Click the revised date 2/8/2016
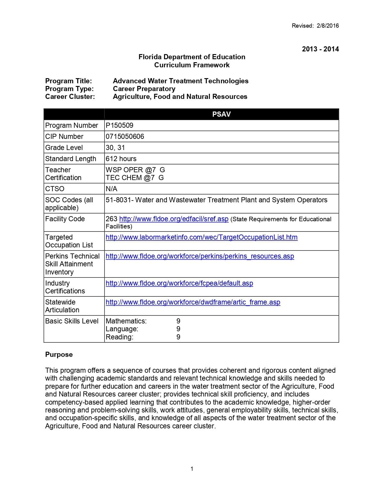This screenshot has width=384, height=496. tap(328, 26)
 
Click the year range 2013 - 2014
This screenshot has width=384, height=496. tap(320, 49)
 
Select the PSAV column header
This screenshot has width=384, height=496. tap(221, 114)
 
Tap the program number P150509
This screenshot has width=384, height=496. tap(120, 125)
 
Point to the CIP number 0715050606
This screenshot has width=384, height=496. tap(125, 136)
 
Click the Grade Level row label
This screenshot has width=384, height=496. tap(64, 148)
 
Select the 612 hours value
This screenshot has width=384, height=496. tap(121, 159)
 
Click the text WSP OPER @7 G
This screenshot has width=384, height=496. tap(135, 170)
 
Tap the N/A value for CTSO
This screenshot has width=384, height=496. tap(111, 189)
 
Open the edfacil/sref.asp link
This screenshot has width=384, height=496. tap(174, 219)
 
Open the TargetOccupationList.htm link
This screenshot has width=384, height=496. tap(201, 237)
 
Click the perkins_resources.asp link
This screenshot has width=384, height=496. tap(200, 256)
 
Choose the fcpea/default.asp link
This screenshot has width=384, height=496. tap(179, 283)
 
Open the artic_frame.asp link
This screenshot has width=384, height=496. tap(193, 302)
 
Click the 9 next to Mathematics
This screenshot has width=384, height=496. tap(178, 321)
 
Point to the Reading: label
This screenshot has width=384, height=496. tap(120, 337)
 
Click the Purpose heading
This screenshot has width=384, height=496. tap(59, 354)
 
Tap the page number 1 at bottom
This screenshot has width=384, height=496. tap(192, 469)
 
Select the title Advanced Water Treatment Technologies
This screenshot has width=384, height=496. tap(180, 81)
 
